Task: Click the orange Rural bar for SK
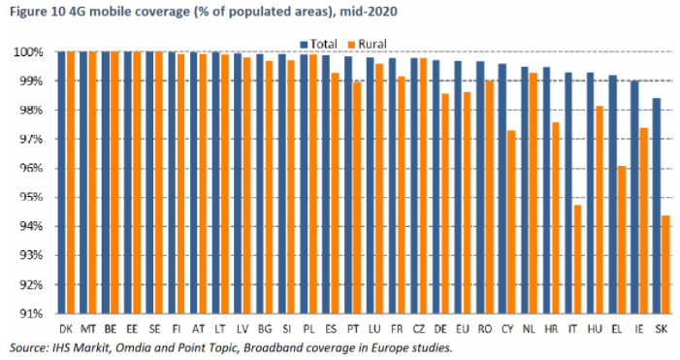point(665,265)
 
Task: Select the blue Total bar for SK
point(657,206)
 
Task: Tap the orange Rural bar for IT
point(577,259)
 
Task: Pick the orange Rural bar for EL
point(622,240)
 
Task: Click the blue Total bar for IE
point(635,197)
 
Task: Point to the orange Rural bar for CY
point(511,222)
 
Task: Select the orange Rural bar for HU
point(599,210)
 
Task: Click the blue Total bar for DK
point(62,182)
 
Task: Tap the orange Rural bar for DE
point(445,204)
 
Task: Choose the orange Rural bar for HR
point(555,218)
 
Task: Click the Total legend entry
point(318,45)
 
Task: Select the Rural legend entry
point(367,45)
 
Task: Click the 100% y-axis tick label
point(29,52)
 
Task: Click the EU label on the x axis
point(463,329)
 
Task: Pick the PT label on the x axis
point(352,329)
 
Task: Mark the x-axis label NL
point(529,329)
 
